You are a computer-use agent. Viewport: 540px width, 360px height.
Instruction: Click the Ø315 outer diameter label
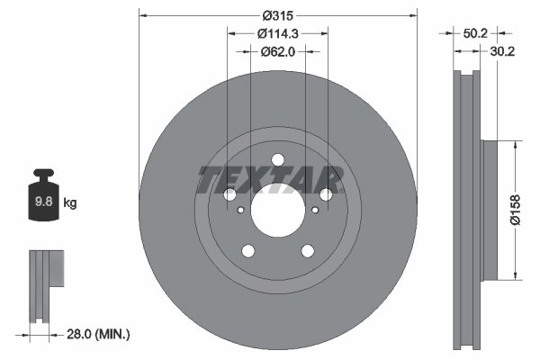coord(277,15)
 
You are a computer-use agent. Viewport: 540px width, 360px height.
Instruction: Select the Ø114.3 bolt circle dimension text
coord(277,33)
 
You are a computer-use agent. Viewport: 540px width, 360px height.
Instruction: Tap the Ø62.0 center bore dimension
coord(277,51)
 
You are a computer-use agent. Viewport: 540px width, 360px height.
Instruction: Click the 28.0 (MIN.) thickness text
coord(99,334)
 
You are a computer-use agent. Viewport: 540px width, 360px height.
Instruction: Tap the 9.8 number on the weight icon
coord(42,202)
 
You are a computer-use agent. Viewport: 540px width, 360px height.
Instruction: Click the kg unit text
coord(69,203)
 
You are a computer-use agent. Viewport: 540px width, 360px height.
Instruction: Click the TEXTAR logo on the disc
coord(271,180)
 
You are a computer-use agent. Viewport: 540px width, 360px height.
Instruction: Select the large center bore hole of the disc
coord(277,212)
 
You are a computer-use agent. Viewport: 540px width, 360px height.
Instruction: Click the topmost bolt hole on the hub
coord(277,160)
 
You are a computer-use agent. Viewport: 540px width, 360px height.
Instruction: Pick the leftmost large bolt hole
coord(229,195)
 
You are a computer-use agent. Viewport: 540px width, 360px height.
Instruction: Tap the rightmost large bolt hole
coord(326,194)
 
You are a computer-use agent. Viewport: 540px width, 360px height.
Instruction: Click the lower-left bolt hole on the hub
coord(247,251)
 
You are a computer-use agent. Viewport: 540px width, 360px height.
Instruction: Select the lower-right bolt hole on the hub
coord(307,251)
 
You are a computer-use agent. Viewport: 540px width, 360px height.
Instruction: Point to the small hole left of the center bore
coord(241,211)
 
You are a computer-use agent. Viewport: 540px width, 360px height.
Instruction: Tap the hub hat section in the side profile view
coord(490,209)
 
